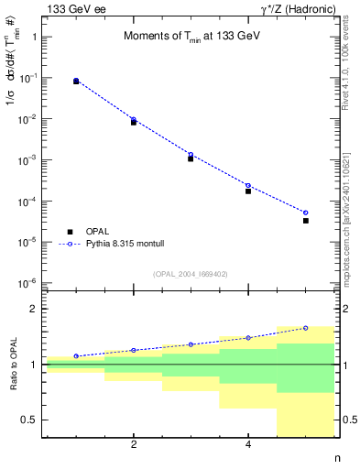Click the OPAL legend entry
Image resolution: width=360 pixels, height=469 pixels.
(98, 232)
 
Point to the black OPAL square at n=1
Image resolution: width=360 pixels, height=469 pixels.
(76, 82)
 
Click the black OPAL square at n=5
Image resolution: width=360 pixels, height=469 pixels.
(306, 221)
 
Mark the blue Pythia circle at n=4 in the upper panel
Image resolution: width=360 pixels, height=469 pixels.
(248, 186)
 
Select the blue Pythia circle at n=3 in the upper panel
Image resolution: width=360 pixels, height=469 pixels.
(191, 155)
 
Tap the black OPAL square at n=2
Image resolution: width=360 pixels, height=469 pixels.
(134, 122)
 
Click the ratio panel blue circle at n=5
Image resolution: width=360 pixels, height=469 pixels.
(306, 328)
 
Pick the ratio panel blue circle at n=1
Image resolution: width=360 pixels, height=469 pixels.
(76, 356)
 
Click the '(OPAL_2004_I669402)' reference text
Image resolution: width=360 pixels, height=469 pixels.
(190, 273)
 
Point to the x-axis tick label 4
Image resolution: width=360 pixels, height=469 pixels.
(248, 446)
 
